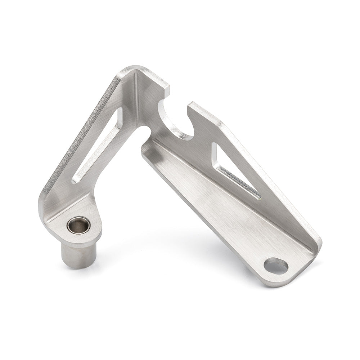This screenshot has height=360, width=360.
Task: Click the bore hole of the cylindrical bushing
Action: [x=78, y=225]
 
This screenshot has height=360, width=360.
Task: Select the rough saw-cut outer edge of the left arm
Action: [x=79, y=133]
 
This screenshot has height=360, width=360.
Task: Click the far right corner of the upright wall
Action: [x=318, y=241]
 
